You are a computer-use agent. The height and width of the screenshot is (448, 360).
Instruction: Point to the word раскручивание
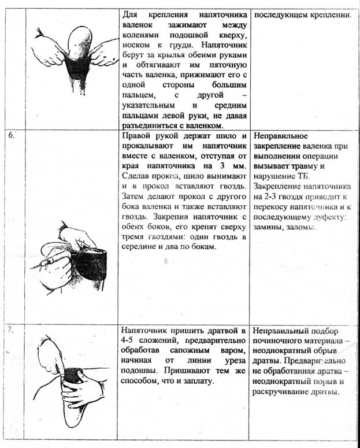click(x=283, y=391)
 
